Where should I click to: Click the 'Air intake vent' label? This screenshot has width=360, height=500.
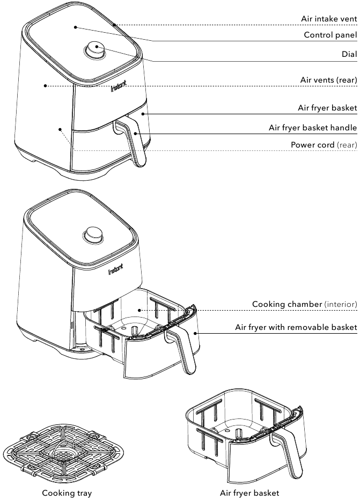pyautogui.click(x=328, y=19)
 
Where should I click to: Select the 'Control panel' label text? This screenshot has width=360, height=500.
pyautogui.click(x=330, y=35)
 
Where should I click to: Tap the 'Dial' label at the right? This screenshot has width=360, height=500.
pyautogui.click(x=349, y=54)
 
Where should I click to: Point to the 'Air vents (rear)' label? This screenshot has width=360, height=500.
pyautogui.click(x=328, y=80)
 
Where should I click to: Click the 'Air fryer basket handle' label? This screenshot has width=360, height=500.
pyautogui.click(x=312, y=128)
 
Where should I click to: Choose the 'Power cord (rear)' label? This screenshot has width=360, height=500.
pyautogui.click(x=324, y=145)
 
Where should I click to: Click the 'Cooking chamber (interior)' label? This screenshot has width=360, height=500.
pyautogui.click(x=304, y=304)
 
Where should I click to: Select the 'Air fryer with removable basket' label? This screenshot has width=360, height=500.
pyautogui.click(x=296, y=327)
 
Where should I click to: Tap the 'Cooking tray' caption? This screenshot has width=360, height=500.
pyautogui.click(x=67, y=492)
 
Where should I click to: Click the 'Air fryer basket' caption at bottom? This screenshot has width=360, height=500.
pyautogui.click(x=249, y=492)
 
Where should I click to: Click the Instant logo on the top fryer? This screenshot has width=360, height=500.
pyautogui.click(x=119, y=89)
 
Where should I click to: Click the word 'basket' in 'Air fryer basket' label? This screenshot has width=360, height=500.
pyautogui.click(x=343, y=108)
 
